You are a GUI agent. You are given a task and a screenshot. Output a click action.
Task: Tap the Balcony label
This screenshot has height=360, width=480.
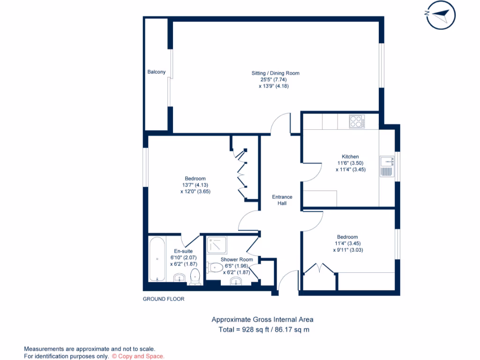pos(157,72)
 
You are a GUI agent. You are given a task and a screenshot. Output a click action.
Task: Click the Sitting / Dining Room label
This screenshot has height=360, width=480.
pos(275,73)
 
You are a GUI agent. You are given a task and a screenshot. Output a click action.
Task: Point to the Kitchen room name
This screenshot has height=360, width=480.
pos(350,157)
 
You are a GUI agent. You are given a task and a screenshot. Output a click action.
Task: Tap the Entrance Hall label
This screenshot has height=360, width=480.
pos(282,200)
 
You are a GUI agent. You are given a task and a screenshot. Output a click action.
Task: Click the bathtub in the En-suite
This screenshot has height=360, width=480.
pos(157,260)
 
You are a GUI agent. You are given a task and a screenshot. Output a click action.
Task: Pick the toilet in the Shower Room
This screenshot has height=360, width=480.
pos(214,268)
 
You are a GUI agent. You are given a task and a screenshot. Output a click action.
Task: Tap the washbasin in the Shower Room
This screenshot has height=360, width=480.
pos(236,281)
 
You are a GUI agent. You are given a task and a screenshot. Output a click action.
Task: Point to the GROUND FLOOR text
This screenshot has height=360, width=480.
pos(164,299)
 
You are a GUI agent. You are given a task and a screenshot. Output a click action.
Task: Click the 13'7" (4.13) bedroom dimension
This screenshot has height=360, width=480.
pos(195,185)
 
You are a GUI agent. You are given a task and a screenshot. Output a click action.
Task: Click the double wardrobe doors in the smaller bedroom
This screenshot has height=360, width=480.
pos(319,269)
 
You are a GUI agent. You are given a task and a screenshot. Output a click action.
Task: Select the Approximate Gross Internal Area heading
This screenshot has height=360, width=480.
pos(262,320)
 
